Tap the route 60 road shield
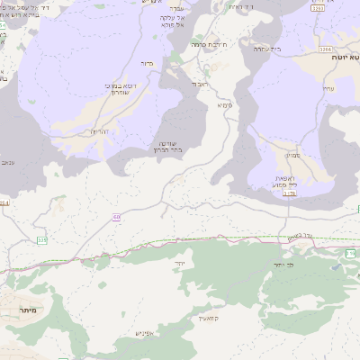pos(117,217)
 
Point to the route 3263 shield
pos(318,9)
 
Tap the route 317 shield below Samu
pos(288,193)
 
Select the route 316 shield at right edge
pos(350,254)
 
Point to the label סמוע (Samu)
pos(292,155)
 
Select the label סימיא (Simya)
pos(224,105)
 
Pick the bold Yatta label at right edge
pos(346,57)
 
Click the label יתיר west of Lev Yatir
pos(180,263)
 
